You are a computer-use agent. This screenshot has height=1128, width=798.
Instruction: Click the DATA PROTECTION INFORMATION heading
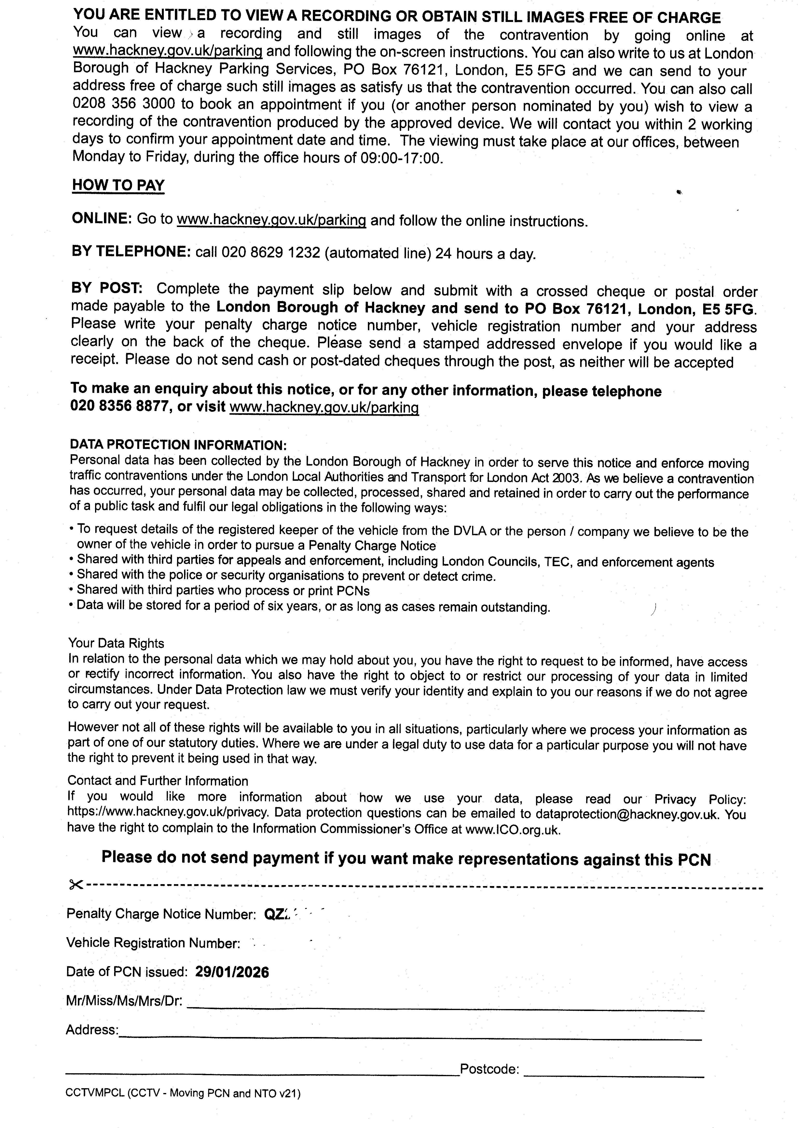(178, 445)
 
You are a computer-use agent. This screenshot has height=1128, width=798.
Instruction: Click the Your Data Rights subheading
(116, 643)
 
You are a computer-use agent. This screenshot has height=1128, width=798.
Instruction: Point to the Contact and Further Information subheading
(158, 781)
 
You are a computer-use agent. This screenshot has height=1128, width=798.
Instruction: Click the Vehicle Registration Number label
(153, 943)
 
